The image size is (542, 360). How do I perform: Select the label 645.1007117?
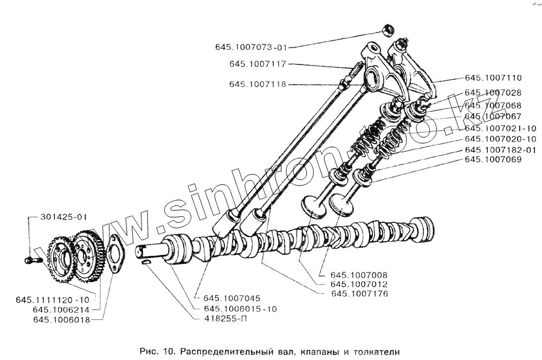[257, 64]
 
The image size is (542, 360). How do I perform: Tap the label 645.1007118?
[257, 84]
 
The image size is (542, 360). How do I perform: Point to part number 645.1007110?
[493, 78]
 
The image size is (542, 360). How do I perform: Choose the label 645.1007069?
[493, 159]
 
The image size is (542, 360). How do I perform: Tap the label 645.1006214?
[61, 310]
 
